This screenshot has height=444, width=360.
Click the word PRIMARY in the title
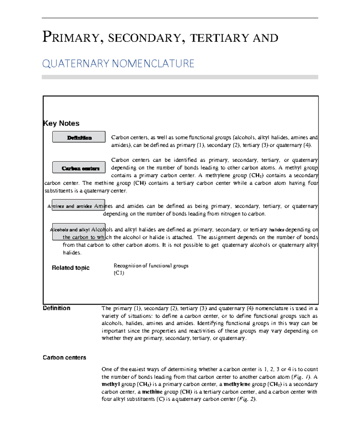(x=71, y=37)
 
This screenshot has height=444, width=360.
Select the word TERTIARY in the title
(x=219, y=38)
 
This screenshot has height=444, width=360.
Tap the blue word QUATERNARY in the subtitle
(x=76, y=64)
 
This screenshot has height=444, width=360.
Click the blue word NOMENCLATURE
(x=153, y=64)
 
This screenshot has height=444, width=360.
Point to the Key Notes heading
(x=61, y=123)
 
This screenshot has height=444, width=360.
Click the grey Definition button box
(x=79, y=137)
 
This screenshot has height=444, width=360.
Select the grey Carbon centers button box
(x=79, y=168)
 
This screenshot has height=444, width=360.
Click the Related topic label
(x=70, y=268)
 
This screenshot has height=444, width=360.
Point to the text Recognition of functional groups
(x=151, y=266)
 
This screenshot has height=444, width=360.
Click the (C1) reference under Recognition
(x=119, y=273)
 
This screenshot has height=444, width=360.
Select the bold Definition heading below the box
(x=56, y=308)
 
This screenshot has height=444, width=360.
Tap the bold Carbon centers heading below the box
(x=64, y=358)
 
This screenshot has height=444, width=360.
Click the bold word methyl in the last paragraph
(x=110, y=384)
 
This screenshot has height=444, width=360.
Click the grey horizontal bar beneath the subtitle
(x=180, y=77)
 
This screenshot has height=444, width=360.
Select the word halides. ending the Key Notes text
(x=72, y=253)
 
